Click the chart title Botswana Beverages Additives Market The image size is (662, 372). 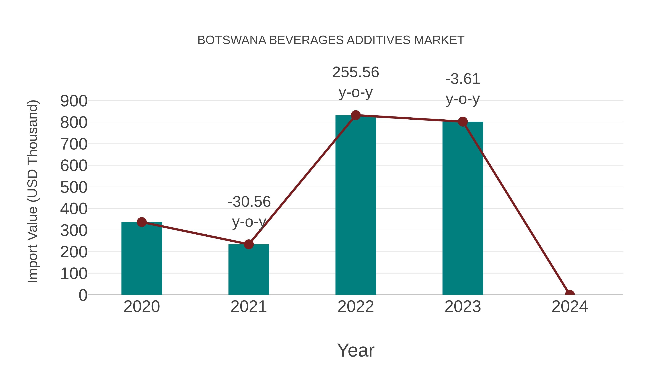331,40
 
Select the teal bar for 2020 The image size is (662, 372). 142,259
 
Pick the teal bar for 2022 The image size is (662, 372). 355,205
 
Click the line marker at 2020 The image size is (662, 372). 142,222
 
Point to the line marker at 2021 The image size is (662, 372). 248,244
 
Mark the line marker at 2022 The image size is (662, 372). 355,115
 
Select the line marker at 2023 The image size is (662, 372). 463,122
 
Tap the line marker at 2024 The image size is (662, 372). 570,294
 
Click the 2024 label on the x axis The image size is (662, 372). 570,307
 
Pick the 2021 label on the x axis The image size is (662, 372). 248,307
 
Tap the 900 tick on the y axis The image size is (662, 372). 74,101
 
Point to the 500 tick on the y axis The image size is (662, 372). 74,187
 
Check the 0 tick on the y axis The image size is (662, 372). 83,295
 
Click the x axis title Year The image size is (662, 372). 356,351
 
